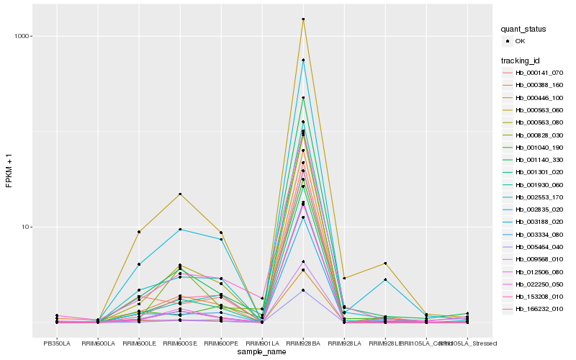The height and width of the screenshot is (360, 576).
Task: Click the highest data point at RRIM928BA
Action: pos(303,19)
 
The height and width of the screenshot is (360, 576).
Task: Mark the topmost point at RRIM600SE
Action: pos(180,194)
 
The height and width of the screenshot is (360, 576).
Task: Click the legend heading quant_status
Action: pos(524,29)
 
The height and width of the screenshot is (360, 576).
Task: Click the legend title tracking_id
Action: pos(523,60)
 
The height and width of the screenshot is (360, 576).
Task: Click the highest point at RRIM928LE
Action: pos(385,264)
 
